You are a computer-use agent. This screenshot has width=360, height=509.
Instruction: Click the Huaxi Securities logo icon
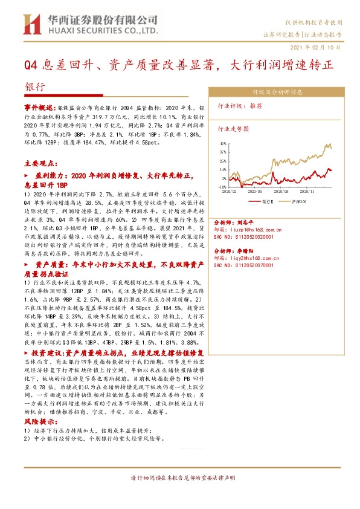point(30,24)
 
